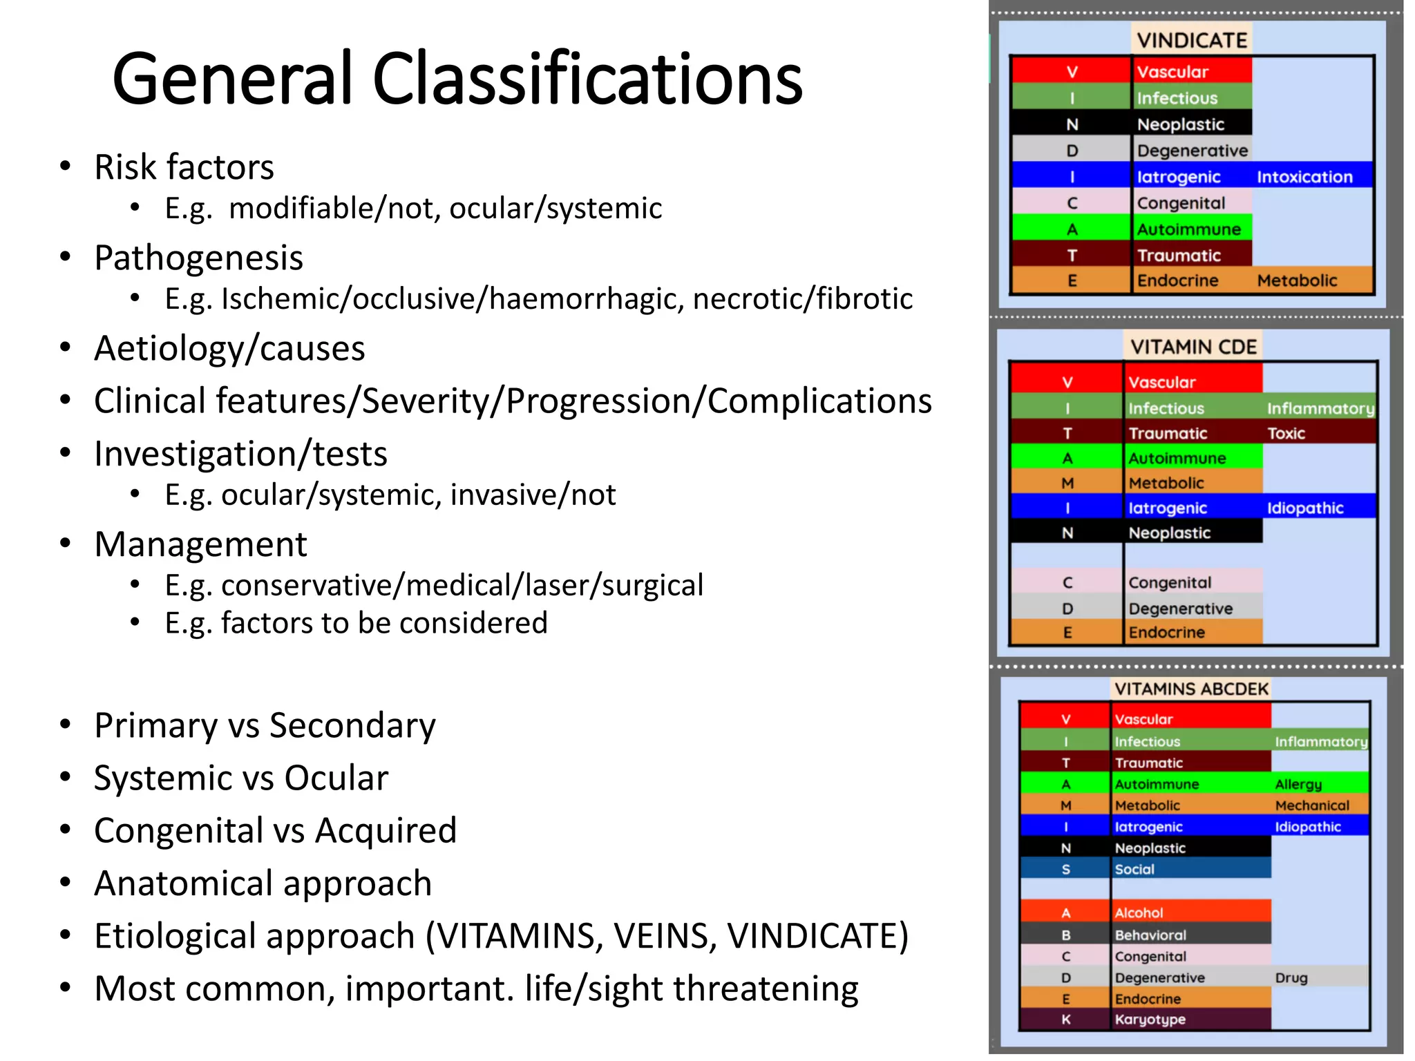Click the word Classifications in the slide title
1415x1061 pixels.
587,79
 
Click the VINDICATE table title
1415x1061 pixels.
1192,40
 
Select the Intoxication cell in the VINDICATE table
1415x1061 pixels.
1304,177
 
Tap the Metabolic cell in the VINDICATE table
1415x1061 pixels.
1297,280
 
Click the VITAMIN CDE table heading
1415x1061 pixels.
1193,347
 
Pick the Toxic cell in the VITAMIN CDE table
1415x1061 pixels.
1286,434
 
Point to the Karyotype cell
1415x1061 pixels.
1150,1020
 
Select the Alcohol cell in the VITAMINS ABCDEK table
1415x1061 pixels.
1139,912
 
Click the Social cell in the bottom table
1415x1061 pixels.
1134,869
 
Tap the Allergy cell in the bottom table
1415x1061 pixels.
1298,784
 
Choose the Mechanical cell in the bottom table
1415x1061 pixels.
1311,805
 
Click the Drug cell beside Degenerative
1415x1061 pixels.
1291,977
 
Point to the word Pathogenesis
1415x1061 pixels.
198,258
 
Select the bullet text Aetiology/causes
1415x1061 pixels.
229,348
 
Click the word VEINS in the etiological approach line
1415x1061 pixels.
663,937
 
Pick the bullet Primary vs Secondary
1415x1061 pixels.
265,725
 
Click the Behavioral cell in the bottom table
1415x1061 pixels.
1150,935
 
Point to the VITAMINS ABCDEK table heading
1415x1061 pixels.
1192,689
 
